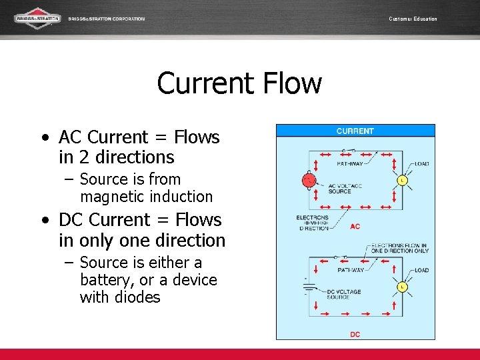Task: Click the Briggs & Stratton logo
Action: coord(37,18)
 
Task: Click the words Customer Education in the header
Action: coord(413,19)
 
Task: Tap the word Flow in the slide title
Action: coord(292,84)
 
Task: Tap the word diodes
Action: coord(137,297)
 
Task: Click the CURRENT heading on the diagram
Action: coord(355,131)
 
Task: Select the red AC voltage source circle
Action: coord(308,180)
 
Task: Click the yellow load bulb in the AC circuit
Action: coord(402,180)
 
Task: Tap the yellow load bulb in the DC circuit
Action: coord(402,287)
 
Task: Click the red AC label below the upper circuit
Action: coord(355,227)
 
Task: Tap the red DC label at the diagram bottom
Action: coord(355,334)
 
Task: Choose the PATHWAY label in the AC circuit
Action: coord(351,163)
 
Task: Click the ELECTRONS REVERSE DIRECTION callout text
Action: coord(313,223)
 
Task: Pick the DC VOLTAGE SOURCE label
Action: coord(343,294)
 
